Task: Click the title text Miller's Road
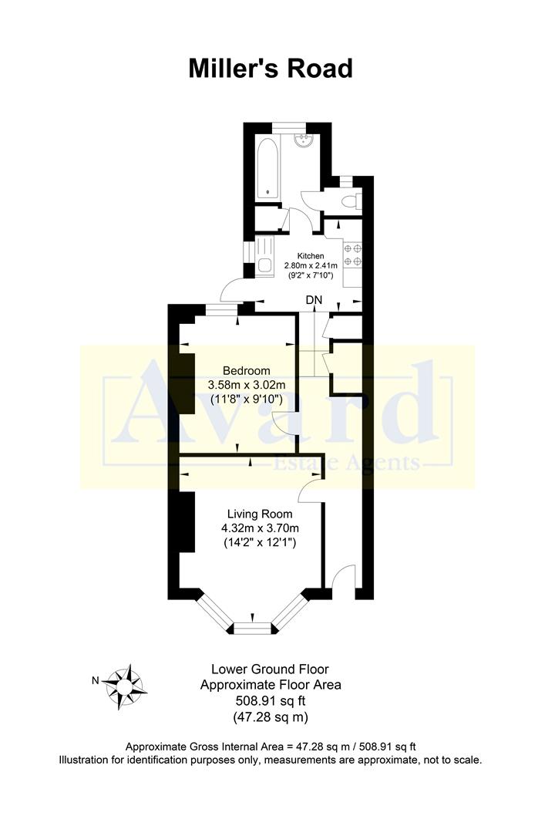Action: (271, 69)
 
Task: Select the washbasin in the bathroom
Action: (304, 142)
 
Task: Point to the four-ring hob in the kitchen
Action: (354, 255)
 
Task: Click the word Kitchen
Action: (311, 255)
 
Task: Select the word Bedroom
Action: (247, 369)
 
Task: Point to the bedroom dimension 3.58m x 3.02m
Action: (247, 384)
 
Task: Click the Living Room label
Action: (259, 513)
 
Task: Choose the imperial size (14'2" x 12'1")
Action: (259, 543)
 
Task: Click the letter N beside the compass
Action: (96, 680)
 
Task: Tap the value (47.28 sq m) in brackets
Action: (271, 717)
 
